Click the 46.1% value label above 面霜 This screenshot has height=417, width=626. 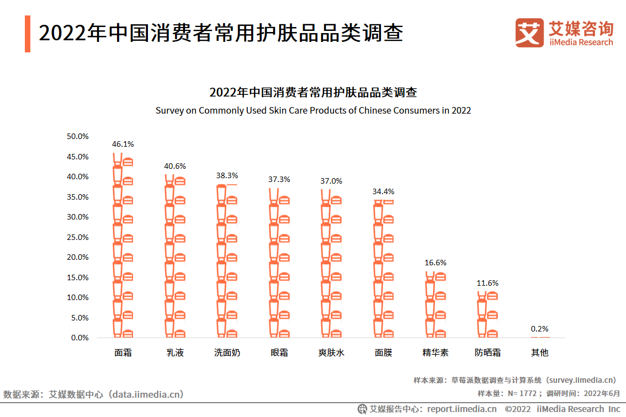click(x=123, y=144)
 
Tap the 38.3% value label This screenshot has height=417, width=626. click(x=227, y=175)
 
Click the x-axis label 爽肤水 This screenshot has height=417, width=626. click(x=331, y=352)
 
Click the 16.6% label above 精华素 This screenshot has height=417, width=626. click(x=436, y=263)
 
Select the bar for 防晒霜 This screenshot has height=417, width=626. click(x=487, y=314)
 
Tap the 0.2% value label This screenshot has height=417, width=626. click(x=540, y=329)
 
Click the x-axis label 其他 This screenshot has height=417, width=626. click(x=540, y=352)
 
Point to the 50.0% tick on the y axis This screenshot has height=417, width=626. click(x=77, y=136)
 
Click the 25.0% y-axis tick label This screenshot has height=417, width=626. click(x=77, y=237)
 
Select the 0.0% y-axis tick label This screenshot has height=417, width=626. click(x=79, y=338)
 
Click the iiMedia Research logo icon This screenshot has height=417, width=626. click(x=529, y=33)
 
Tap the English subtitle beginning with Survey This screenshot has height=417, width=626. click(x=313, y=110)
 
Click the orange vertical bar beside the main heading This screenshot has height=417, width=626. click(x=28, y=34)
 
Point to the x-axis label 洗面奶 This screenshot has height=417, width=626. click(x=227, y=352)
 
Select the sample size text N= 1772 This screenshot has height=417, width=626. click(x=522, y=393)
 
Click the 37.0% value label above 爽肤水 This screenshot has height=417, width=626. click(x=331, y=181)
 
